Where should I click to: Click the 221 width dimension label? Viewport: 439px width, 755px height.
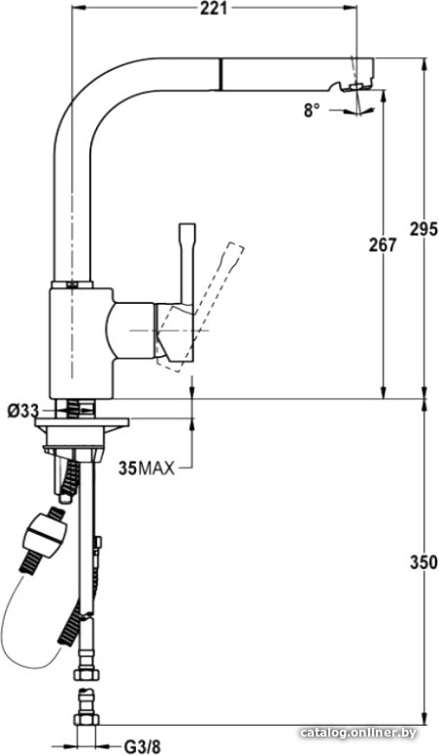point(214,8)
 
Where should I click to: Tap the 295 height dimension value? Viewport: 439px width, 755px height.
point(424,230)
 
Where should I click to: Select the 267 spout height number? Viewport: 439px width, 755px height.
point(383,246)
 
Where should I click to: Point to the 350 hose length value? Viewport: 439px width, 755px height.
point(424,562)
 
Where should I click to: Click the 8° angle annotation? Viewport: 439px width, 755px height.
point(312,112)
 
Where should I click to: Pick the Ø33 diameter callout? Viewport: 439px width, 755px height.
point(22,410)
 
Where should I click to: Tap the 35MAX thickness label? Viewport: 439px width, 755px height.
point(147,468)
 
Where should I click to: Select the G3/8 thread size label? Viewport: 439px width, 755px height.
point(142,747)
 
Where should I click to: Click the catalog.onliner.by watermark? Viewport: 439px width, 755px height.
point(357,733)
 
